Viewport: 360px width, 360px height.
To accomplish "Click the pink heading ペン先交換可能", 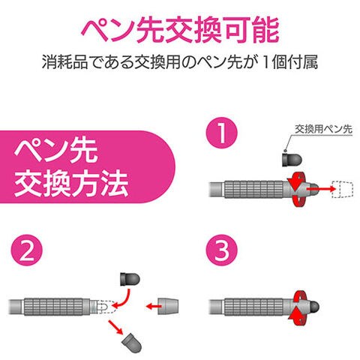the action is [180, 30].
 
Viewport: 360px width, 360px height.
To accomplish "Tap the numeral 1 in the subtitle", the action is [265, 62].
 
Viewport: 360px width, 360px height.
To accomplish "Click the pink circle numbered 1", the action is [221, 133].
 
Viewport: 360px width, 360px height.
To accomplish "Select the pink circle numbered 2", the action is [27, 250].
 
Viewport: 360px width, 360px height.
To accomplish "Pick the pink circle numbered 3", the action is [221, 250].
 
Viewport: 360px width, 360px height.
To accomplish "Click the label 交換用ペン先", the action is [323, 129].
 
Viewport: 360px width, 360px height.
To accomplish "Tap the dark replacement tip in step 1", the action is [292, 160].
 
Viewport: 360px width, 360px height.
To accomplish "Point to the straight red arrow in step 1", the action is [321, 189].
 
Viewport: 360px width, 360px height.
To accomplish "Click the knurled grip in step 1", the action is [254, 189].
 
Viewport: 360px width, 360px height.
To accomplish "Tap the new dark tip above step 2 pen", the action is [130, 279].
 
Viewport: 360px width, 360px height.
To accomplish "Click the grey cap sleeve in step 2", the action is [168, 306].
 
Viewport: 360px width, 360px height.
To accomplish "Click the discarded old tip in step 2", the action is [132, 341].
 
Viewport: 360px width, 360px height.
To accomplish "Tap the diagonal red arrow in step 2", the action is [115, 327].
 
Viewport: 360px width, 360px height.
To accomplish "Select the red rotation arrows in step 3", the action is [298, 308].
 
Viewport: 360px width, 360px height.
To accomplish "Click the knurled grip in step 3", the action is [254, 307].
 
